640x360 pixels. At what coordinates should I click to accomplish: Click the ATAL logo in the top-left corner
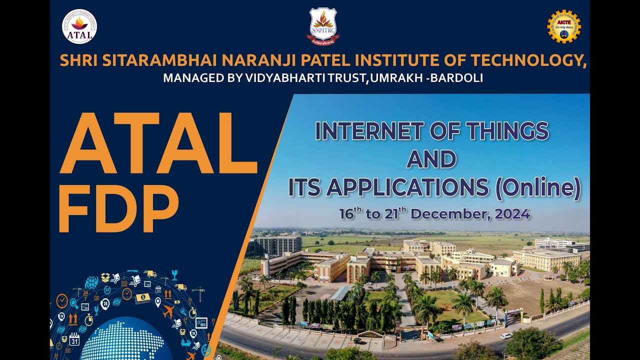[x=79, y=26]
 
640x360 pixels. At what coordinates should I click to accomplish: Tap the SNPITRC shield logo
[x=323, y=25]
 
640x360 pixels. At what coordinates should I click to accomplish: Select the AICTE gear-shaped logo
[x=563, y=26]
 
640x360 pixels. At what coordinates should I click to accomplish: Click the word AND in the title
[x=431, y=159]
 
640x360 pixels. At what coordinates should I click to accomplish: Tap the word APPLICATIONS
[x=407, y=187]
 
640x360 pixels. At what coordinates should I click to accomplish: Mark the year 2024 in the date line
[x=512, y=214]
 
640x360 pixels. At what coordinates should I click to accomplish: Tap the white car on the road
[x=506, y=335]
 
